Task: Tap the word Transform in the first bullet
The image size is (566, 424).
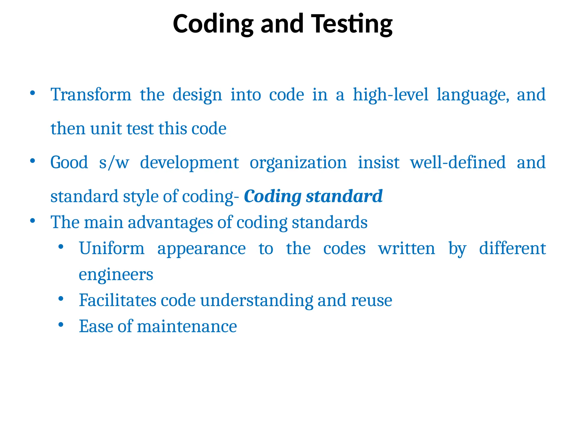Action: click(91, 95)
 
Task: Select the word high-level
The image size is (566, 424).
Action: click(391, 95)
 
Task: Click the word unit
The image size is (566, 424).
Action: click(106, 129)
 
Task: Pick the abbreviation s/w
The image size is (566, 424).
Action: click(114, 163)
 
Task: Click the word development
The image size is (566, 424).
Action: click(189, 163)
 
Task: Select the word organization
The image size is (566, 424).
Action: click(298, 163)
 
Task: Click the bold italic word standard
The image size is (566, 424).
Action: click(344, 196)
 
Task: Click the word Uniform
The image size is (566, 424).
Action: click(112, 248)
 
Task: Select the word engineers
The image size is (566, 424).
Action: click(116, 275)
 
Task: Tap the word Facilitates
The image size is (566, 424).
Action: click(117, 300)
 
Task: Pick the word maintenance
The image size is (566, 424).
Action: click(187, 327)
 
